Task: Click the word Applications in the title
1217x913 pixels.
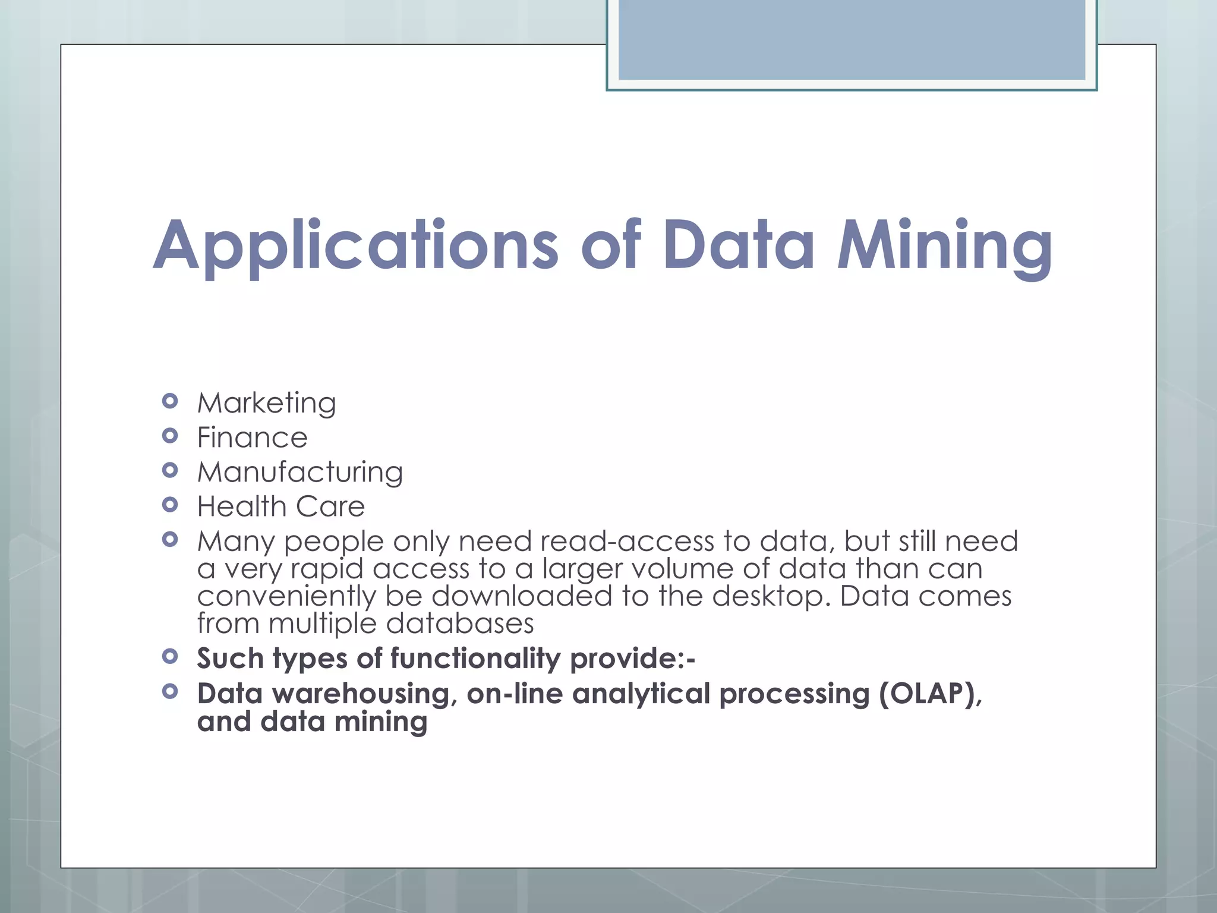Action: coord(355,245)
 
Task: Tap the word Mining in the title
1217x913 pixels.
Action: coord(945,245)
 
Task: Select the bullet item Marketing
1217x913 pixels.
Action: coord(266,403)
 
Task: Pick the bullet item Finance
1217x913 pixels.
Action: coord(252,437)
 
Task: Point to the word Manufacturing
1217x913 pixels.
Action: coord(300,472)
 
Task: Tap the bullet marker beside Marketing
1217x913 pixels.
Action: coord(170,401)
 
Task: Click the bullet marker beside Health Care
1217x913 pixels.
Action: coord(170,505)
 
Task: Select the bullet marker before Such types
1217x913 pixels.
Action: coord(170,657)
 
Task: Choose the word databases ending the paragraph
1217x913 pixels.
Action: coord(460,623)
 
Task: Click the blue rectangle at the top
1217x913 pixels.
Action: coord(852,40)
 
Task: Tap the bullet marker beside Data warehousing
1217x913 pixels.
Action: coord(170,691)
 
